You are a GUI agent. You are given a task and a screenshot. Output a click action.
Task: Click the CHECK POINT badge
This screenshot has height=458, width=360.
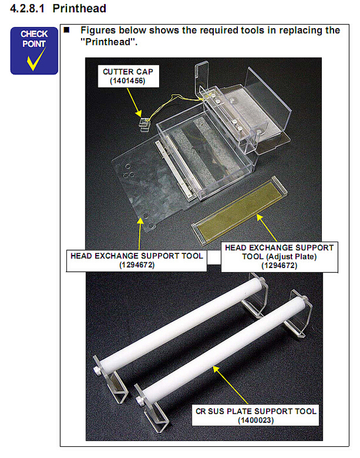pyautogui.click(x=34, y=51)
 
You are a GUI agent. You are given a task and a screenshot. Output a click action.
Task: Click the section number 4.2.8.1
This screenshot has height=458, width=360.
pyautogui.click(x=27, y=8)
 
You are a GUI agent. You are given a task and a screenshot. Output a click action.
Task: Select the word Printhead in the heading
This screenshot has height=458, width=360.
pyautogui.click(x=79, y=8)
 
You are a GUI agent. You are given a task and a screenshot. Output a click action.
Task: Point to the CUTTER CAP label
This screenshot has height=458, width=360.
pyautogui.click(x=128, y=76)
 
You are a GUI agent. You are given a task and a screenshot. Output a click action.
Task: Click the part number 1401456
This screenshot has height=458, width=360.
pyautogui.click(x=128, y=80)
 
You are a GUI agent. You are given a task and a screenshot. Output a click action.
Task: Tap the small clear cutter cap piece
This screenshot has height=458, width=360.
pyautogui.click(x=144, y=124)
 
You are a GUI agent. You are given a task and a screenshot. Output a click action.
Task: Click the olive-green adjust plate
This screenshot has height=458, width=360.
pyautogui.click(x=239, y=210)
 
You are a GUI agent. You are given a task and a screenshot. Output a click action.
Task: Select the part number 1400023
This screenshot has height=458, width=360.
pyautogui.click(x=256, y=420)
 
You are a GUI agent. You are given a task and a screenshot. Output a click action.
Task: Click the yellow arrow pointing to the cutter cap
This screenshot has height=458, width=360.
pyautogui.click(x=134, y=102)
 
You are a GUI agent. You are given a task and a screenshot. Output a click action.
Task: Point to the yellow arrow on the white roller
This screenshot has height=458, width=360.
pyautogui.click(x=231, y=385)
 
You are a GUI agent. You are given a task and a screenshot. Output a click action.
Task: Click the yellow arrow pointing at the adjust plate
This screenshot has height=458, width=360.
pyautogui.click(x=267, y=228)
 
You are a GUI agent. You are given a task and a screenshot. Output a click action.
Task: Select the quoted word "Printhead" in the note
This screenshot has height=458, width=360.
pyautogui.click(x=109, y=42)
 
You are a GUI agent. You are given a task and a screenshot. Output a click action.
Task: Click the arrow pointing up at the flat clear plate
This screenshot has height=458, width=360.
pyautogui.click(x=140, y=233)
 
